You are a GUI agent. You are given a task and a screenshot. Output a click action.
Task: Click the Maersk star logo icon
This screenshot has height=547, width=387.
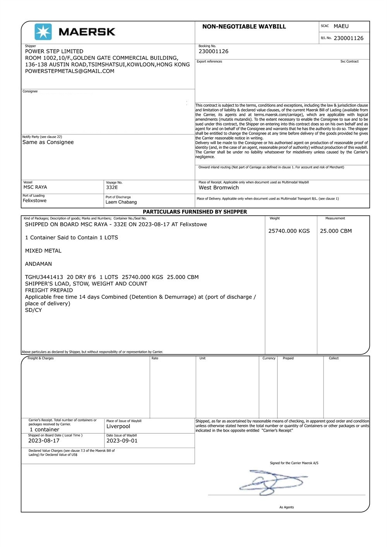43,32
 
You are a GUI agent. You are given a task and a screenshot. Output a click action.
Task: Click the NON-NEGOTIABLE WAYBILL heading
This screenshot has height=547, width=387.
244,27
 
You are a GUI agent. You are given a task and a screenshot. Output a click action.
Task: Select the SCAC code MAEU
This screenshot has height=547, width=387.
341,26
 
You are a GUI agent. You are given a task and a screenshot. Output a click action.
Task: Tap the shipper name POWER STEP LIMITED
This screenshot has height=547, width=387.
54,51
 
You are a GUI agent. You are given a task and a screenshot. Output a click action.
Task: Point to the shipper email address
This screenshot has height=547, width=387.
70,71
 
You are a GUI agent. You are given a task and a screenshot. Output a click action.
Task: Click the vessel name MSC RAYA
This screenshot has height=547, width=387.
35,187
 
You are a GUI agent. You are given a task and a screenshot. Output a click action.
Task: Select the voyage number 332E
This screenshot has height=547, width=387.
112,187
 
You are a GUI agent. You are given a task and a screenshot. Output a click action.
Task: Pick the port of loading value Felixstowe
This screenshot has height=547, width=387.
34,201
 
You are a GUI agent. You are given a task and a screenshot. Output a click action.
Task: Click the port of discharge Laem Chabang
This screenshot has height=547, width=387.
121,202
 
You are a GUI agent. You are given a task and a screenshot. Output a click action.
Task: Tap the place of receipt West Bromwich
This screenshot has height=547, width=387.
219,188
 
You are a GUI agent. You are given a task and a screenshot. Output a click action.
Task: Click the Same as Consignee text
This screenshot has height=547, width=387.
48,142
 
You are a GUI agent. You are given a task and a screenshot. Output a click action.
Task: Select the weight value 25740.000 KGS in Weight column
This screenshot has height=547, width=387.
289,231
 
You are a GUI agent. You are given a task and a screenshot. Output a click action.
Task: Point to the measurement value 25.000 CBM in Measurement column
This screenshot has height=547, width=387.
336,231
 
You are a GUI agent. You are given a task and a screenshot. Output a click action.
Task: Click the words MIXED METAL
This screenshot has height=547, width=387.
43,251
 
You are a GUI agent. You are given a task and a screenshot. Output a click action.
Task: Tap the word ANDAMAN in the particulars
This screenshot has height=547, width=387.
38,264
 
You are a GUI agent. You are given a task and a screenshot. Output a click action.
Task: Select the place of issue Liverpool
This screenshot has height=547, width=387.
118,426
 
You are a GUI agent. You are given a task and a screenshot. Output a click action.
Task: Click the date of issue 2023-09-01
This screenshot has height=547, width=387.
122,441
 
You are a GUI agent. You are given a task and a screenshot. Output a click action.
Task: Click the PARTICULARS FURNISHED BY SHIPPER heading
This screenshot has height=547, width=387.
195,212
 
